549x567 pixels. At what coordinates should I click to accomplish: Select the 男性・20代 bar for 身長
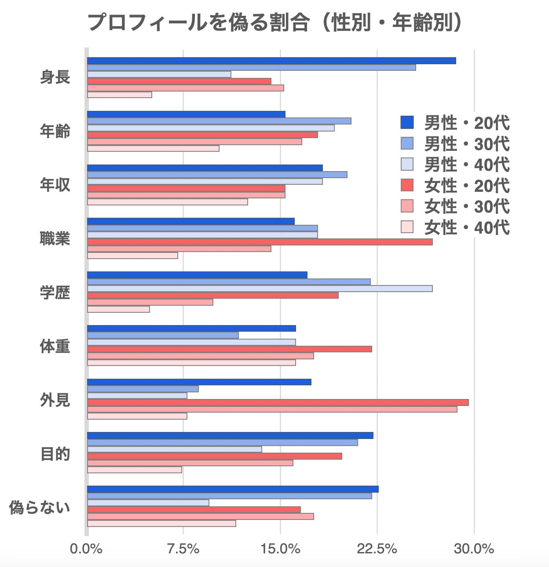point(271,61)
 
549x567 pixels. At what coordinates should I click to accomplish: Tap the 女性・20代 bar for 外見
point(278,402)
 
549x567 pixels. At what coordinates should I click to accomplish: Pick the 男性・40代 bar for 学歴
point(260,289)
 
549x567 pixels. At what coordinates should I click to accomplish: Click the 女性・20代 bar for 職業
point(260,242)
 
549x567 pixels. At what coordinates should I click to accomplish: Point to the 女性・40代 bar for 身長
point(120,95)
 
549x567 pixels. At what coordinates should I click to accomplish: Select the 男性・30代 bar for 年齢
point(219,121)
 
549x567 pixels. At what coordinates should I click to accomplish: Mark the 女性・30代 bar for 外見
point(272,409)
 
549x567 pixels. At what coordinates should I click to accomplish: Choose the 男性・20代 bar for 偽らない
point(233,489)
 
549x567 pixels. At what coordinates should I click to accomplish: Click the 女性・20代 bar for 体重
point(230,349)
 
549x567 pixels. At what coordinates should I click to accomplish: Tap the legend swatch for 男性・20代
point(407,123)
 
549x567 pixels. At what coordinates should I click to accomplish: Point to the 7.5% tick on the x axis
point(184,549)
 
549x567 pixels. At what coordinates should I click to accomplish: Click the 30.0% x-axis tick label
point(474,549)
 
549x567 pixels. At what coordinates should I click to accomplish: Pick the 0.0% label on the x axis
point(86,549)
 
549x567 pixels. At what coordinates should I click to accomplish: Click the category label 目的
point(55,454)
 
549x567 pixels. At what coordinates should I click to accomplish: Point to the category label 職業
point(55,239)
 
